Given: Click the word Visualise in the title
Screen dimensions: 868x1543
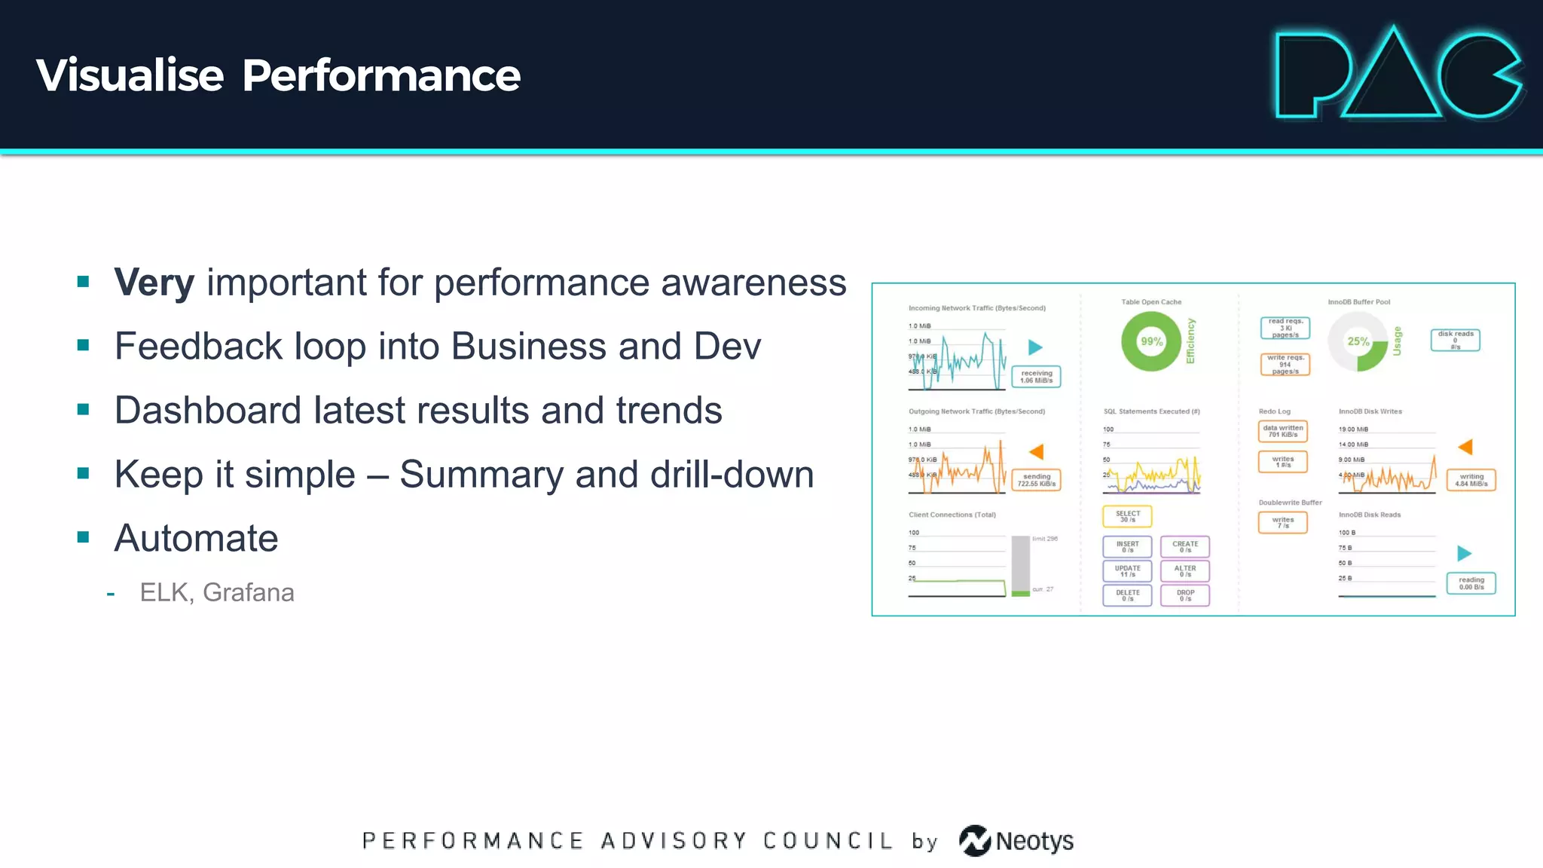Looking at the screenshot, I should [130, 75].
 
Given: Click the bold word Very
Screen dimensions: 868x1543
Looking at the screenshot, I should [154, 283].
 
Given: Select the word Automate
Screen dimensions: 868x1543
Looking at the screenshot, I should [196, 539].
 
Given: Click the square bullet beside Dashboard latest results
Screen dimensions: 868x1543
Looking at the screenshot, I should [84, 410].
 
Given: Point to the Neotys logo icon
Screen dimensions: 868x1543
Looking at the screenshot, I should [975, 841].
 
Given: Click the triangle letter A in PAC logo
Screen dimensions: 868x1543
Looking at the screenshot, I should [1392, 79].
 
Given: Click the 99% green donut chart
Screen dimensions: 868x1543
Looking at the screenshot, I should [1151, 341].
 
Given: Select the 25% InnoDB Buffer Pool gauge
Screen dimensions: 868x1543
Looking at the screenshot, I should [1358, 342].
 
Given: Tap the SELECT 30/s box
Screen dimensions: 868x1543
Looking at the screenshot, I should [1127, 516].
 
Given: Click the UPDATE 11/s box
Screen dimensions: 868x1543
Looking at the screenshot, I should [1127, 571].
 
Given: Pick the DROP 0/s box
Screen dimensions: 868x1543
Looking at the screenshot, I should [1185, 595].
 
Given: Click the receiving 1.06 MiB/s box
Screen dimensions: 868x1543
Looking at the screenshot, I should [1036, 377].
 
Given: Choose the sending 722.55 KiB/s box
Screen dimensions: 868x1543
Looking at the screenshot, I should [1036, 480].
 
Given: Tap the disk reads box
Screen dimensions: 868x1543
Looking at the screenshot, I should [1455, 340].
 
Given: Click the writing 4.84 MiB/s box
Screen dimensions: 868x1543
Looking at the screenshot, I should [1471, 480].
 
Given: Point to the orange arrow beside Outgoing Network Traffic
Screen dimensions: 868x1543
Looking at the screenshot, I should [1037, 452].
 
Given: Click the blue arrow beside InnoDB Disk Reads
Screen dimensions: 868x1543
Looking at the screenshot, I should [1464, 554].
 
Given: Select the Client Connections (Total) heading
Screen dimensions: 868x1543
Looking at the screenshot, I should [952, 515].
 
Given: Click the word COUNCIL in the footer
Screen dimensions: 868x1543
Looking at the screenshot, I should [827, 841].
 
